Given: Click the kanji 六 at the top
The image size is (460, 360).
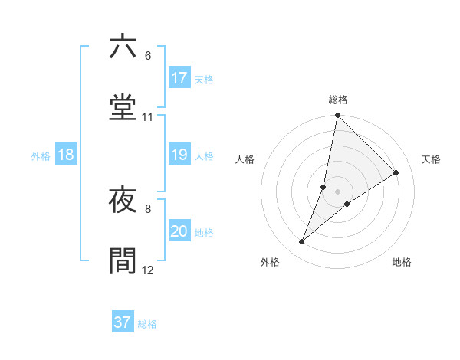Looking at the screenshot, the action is (x=123, y=47).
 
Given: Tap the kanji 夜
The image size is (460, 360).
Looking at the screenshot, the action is (x=123, y=201).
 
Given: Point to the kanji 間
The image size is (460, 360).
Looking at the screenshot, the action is (x=123, y=260).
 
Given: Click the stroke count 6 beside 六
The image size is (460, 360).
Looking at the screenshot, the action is (x=148, y=56).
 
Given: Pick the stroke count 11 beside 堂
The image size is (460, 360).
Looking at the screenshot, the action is (x=148, y=117).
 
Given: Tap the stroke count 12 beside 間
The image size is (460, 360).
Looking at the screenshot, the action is (x=148, y=270).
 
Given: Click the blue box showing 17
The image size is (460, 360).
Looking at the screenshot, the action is (x=179, y=78).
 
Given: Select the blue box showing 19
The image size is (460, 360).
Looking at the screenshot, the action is (x=179, y=155).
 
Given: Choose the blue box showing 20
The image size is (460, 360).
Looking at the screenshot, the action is (x=179, y=231).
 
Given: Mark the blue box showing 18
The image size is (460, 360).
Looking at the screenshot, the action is (x=66, y=155).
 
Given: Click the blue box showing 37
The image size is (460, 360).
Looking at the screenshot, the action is (x=123, y=322).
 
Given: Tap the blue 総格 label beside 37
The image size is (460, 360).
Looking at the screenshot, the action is (x=147, y=324).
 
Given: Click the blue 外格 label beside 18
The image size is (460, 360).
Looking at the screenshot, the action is (x=41, y=156).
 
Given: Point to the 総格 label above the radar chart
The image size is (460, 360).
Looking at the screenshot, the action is (x=338, y=100).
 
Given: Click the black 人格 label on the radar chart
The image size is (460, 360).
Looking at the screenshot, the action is (x=245, y=159).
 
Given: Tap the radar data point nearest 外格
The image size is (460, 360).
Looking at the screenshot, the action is (x=302, y=242).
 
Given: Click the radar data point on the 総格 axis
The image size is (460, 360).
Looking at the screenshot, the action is (x=337, y=116).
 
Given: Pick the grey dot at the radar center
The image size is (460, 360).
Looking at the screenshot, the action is (x=337, y=191).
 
